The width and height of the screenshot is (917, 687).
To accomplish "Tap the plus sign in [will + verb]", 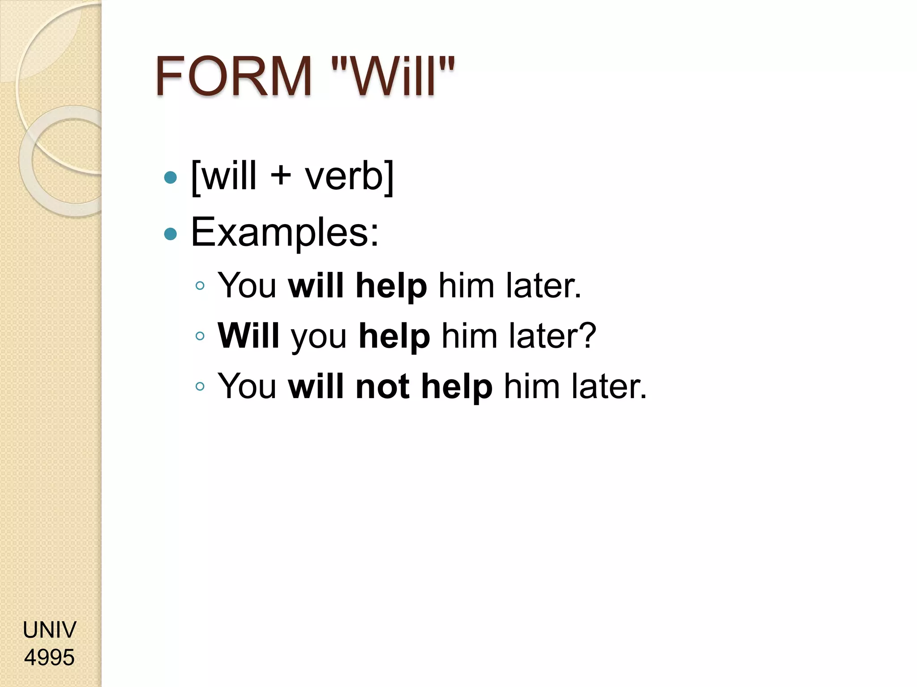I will click(281, 175).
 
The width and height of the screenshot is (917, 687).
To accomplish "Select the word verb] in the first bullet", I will click(349, 176).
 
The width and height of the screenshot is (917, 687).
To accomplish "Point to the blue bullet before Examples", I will click(171, 234).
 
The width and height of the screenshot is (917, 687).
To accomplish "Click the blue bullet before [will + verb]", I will click(171, 178).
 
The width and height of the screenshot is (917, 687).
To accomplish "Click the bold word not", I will click(382, 386).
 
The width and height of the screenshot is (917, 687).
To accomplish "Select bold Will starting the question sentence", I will click(249, 335).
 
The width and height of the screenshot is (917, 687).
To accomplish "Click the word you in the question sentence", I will click(319, 338).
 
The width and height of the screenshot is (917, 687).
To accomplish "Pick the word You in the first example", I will click(247, 285).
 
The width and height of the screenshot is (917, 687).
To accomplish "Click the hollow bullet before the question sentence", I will click(200, 336).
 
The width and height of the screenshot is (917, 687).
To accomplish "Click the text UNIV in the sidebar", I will click(49, 630).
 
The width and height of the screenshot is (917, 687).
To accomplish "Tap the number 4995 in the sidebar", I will click(49, 657).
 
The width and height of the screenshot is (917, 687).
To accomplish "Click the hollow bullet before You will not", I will click(200, 386).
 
